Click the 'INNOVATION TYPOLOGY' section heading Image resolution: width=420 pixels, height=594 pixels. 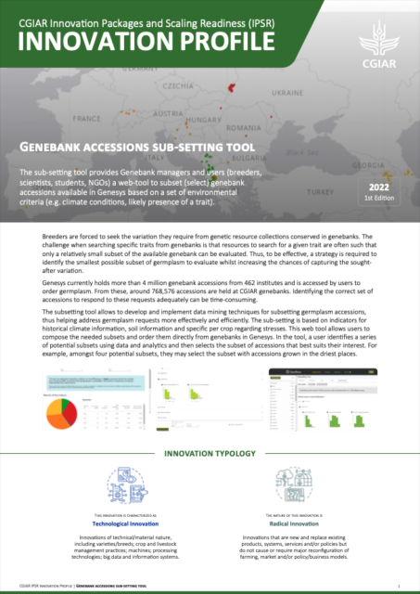point(210,454)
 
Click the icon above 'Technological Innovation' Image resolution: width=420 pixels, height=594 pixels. point(124,485)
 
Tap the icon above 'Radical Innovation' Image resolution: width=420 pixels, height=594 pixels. point(299,485)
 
